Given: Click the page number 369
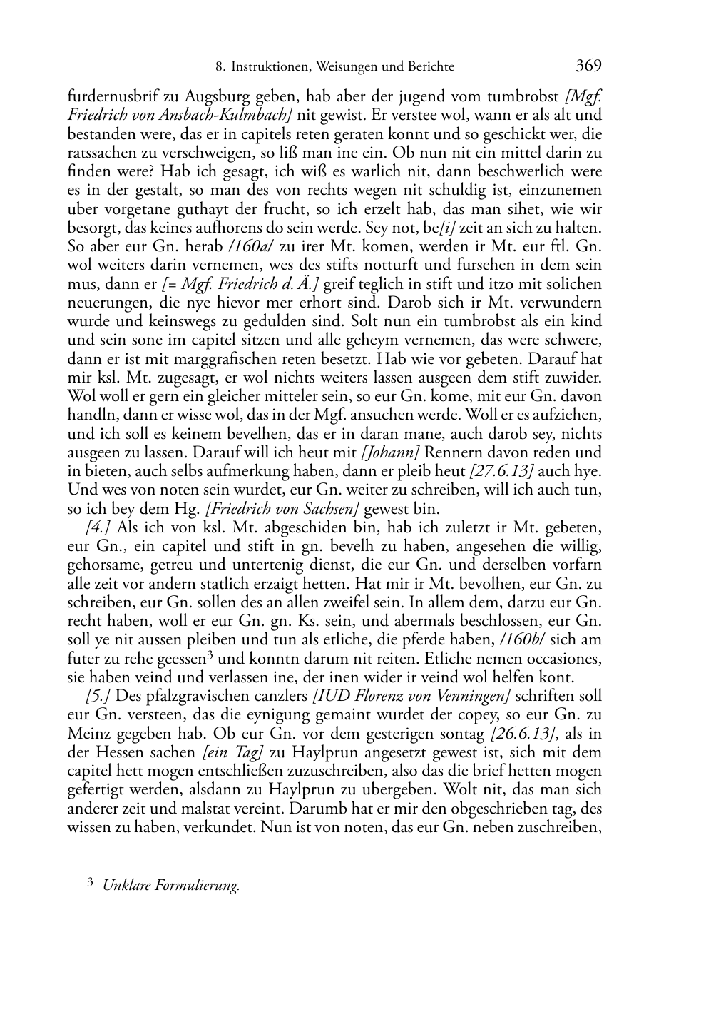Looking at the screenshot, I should [x=588, y=66].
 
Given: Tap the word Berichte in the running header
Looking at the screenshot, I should [x=431, y=67].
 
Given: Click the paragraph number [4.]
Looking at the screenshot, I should [x=97, y=527].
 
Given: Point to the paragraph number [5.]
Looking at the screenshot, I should [x=97, y=695].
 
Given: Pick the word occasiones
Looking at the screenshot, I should [x=562, y=658].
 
